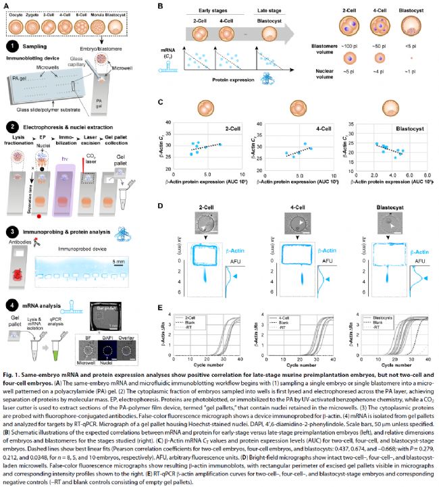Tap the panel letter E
coord(160,308)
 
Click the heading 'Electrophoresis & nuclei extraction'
coord(68,126)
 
